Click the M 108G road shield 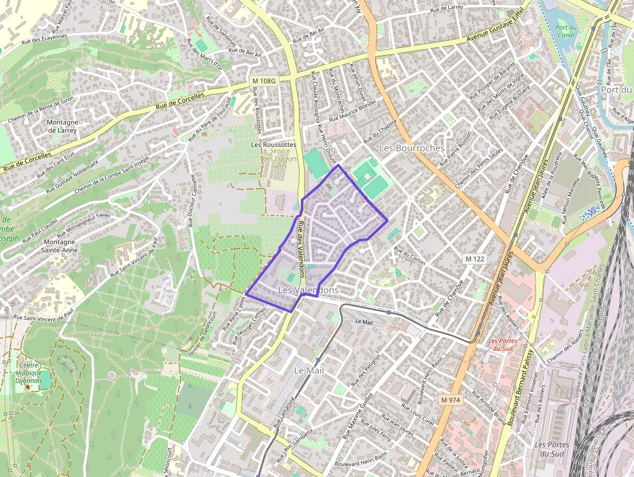pyautogui.click(x=264, y=81)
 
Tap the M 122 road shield pyautogui.click(x=475, y=259)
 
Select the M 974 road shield pyautogui.click(x=451, y=400)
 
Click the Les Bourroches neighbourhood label pyautogui.click(x=411, y=148)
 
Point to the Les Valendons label pyautogui.click(x=307, y=291)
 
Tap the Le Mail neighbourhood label pyautogui.click(x=309, y=371)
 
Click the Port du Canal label pyautogui.click(x=565, y=31)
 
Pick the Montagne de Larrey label pyautogui.click(x=63, y=126)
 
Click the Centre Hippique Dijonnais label pyautogui.click(x=30, y=373)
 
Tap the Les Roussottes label pyautogui.click(x=274, y=145)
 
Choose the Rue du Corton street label pyautogui.click(x=410, y=257)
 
